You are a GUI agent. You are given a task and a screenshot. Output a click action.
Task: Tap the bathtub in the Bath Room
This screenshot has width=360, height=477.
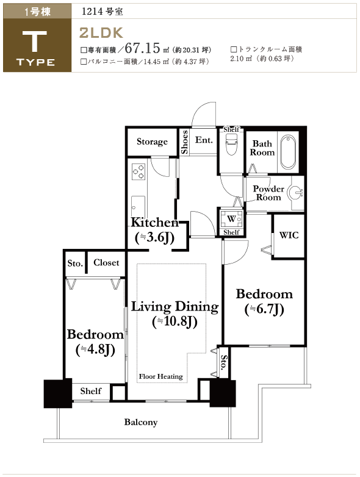(x=288, y=152)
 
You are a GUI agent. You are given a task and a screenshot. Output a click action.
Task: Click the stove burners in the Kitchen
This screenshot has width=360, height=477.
(x=138, y=171)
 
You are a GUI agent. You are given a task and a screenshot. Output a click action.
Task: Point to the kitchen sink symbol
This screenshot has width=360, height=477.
(x=138, y=207)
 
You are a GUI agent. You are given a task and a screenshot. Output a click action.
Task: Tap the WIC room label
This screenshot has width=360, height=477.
(x=289, y=235)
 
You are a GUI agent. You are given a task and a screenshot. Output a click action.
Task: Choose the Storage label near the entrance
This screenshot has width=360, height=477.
(x=152, y=142)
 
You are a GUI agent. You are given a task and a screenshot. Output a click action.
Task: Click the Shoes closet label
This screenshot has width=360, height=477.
(x=184, y=142)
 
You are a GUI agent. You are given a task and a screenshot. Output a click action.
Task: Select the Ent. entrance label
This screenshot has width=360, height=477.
(x=204, y=140)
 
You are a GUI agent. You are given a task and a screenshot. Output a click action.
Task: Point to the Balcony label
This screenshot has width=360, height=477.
(x=140, y=422)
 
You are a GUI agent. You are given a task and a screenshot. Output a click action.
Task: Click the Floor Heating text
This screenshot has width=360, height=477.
(x=160, y=376)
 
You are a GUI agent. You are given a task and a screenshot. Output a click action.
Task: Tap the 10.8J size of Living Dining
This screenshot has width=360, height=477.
(x=175, y=322)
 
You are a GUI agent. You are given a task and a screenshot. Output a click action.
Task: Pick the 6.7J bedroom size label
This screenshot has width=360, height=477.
(x=264, y=309)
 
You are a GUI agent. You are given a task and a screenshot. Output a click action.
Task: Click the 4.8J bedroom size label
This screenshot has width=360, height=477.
(x=95, y=350)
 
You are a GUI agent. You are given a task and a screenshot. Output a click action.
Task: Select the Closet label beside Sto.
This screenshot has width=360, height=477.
(x=106, y=262)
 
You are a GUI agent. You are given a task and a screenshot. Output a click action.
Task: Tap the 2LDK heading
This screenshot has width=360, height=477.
(x=101, y=33)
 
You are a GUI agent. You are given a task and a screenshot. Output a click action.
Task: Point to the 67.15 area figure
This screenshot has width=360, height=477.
(x=142, y=48)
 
